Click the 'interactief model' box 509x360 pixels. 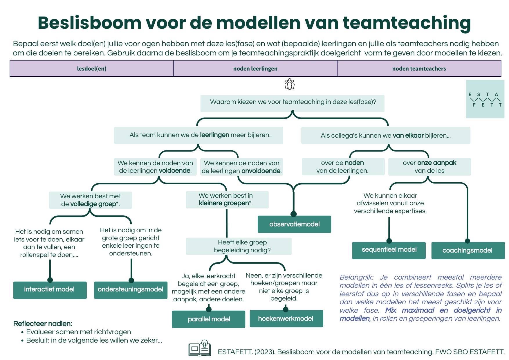click(50, 290)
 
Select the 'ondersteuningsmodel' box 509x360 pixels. click(131, 290)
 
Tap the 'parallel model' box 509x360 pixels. click(208, 319)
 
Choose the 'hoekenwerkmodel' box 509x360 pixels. click(286, 318)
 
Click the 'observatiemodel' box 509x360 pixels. click(294, 224)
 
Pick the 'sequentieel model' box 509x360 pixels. click(389, 250)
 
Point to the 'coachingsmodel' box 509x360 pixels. click(468, 250)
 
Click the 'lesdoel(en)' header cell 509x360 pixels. click(92, 69)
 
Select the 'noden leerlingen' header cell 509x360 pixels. click(255, 69)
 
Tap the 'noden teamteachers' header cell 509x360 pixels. click(419, 69)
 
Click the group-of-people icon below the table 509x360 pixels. click(290, 84)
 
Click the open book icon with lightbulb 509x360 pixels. click(200, 348)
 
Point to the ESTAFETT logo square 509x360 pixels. click(485, 99)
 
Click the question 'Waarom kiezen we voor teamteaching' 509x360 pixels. click(293, 102)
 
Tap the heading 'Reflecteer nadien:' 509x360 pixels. click(43, 323)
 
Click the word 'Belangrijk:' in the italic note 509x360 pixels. click(356, 277)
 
